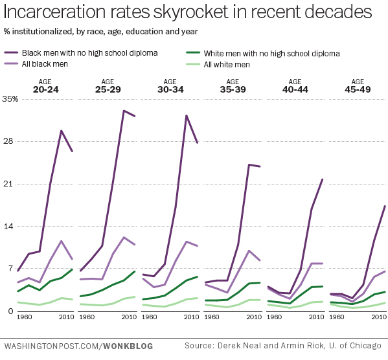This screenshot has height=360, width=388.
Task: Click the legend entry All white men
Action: coord(227,64)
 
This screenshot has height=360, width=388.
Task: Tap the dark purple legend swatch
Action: coord(12,53)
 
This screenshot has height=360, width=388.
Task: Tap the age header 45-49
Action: coord(358,90)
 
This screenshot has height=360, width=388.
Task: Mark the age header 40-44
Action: coord(295,90)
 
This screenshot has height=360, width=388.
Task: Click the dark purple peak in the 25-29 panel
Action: coord(124,111)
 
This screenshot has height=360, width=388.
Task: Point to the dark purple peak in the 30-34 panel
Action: coord(187,116)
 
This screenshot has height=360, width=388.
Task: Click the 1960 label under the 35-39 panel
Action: coord(212,318)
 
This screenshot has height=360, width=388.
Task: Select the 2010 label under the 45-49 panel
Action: coord(379,318)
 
